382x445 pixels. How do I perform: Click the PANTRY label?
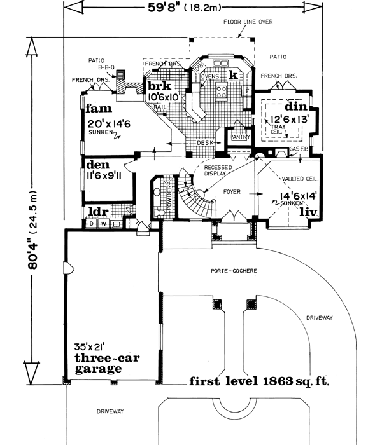pos(240,136)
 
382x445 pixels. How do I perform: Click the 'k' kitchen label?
pos(234,75)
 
